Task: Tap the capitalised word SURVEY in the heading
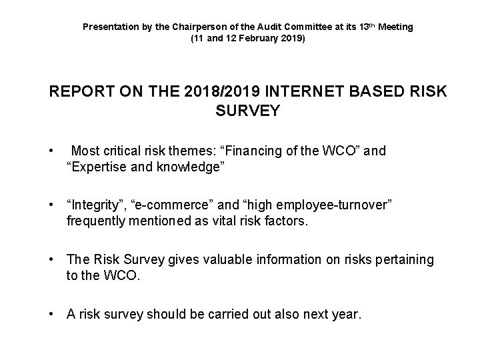(248, 111)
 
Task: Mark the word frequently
(97, 221)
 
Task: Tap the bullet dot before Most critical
(52, 151)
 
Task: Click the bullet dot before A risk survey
(52, 314)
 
